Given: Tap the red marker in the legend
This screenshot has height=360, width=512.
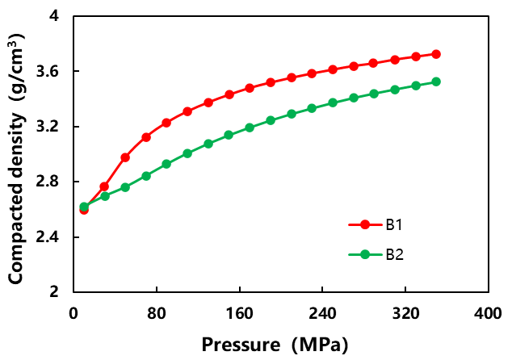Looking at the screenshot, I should tap(364, 225).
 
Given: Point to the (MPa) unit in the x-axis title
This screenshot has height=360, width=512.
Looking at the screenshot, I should tap(318, 345).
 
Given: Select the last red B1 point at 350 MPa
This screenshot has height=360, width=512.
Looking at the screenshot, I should tap(436, 54).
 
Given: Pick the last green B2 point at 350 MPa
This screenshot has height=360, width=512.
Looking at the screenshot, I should tap(436, 82).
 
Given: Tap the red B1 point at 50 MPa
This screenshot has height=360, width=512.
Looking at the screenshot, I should tap(125, 157).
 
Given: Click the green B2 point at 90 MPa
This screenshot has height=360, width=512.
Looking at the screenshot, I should tap(166, 164).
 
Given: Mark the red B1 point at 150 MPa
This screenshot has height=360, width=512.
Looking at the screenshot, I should tap(229, 94).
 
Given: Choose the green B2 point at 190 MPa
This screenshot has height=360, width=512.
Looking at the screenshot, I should tap(271, 120).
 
